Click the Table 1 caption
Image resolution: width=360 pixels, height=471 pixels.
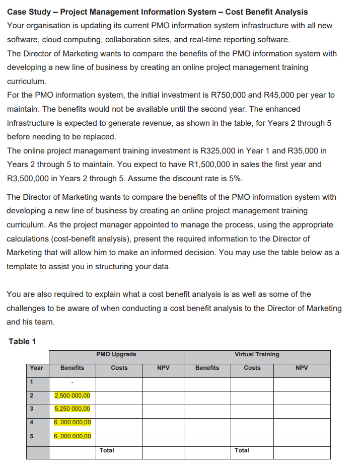point(22,342)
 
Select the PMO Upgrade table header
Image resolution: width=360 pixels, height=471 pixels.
point(116,354)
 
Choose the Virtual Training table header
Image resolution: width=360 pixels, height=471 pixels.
point(257,354)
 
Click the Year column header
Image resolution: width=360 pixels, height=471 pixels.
point(37,368)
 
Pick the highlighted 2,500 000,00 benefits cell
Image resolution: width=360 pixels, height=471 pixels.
point(72,396)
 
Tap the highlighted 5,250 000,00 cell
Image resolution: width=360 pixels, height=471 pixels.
point(72,409)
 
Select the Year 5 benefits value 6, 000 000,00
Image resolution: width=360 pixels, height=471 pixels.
point(72,436)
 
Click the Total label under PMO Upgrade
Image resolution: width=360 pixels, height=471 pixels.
point(107,450)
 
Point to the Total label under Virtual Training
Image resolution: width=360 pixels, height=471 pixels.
point(242,450)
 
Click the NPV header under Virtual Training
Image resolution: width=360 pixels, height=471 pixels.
point(302,368)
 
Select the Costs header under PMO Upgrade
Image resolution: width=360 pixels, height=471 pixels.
point(119,368)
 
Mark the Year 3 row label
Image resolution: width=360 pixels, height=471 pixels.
point(31,409)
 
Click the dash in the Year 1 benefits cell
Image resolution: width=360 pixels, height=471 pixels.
point(72,382)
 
